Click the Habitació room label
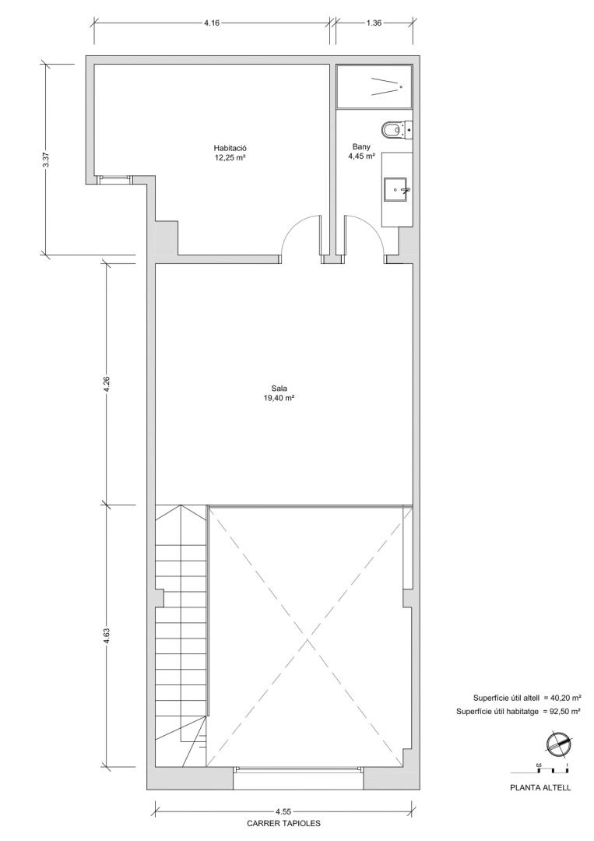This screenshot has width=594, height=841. (230, 148)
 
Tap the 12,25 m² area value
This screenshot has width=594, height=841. (230, 157)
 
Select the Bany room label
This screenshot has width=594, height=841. (361, 146)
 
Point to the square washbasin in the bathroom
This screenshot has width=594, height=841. (397, 189)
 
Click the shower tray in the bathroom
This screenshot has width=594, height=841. (374, 86)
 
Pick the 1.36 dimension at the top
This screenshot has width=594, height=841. (374, 23)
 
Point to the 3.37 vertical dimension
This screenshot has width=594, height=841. (46, 160)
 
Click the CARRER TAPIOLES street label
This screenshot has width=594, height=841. (283, 823)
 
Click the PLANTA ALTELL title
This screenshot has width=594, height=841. (540, 788)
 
